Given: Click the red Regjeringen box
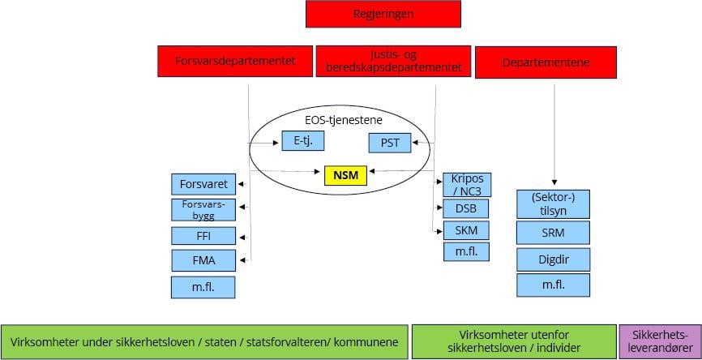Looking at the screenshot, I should click(383, 15).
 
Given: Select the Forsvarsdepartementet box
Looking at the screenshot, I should click(234, 61).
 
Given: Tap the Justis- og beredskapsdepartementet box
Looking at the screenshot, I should click(393, 62).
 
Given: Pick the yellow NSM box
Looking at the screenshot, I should click(345, 174).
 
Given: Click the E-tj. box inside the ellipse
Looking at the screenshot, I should click(303, 141).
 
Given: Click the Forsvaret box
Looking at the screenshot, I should click(203, 183).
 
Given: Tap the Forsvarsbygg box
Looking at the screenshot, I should click(203, 210).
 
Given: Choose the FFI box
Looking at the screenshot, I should click(203, 237).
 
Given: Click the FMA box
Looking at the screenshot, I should click(203, 260).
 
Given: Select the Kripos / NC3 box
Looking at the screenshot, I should click(467, 184).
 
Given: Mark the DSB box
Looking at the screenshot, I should click(466, 208).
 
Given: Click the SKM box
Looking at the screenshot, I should click(466, 230).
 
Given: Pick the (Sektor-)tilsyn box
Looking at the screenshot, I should click(554, 204).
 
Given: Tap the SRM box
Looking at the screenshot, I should click(554, 234).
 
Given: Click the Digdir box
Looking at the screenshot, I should click(554, 259).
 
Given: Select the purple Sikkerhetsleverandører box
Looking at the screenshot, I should click(657, 341).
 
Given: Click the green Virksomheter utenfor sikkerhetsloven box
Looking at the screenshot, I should click(513, 341).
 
